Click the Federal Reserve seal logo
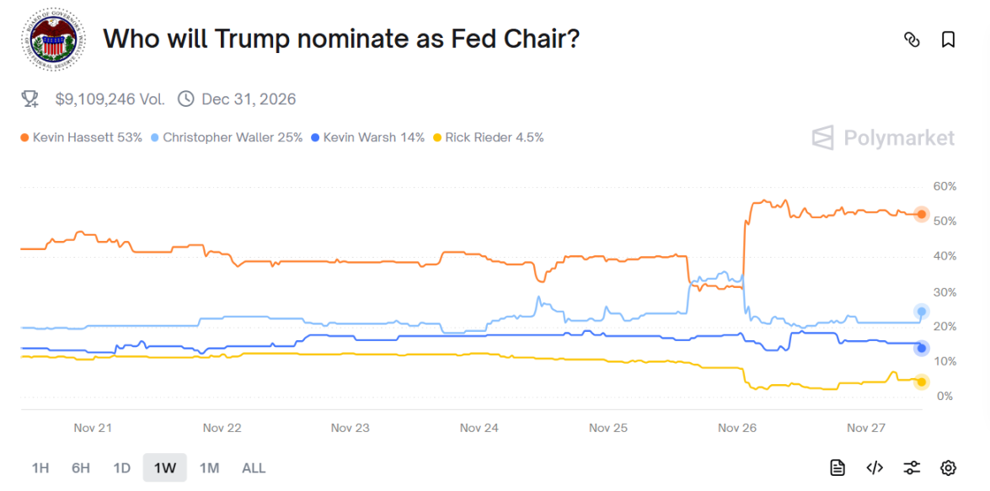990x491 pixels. (x=53, y=40)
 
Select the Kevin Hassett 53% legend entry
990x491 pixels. (x=81, y=137)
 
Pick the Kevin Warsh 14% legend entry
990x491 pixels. (x=367, y=137)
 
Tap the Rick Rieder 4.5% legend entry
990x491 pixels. (x=488, y=137)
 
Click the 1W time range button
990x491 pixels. (x=165, y=468)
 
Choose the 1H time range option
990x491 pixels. (x=40, y=468)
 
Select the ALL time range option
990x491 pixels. (x=254, y=468)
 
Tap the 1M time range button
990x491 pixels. (x=209, y=468)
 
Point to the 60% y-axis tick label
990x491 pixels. (x=945, y=186)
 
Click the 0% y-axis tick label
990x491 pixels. (x=945, y=397)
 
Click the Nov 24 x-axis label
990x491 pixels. (x=479, y=428)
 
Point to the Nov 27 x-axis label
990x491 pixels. (x=865, y=428)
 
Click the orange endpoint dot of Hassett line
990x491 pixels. (x=922, y=215)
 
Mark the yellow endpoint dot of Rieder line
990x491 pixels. (x=922, y=382)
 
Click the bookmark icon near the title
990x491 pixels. (x=948, y=40)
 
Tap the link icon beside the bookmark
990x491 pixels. (x=912, y=40)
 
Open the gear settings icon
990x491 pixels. (x=948, y=468)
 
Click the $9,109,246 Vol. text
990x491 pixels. (x=110, y=99)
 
